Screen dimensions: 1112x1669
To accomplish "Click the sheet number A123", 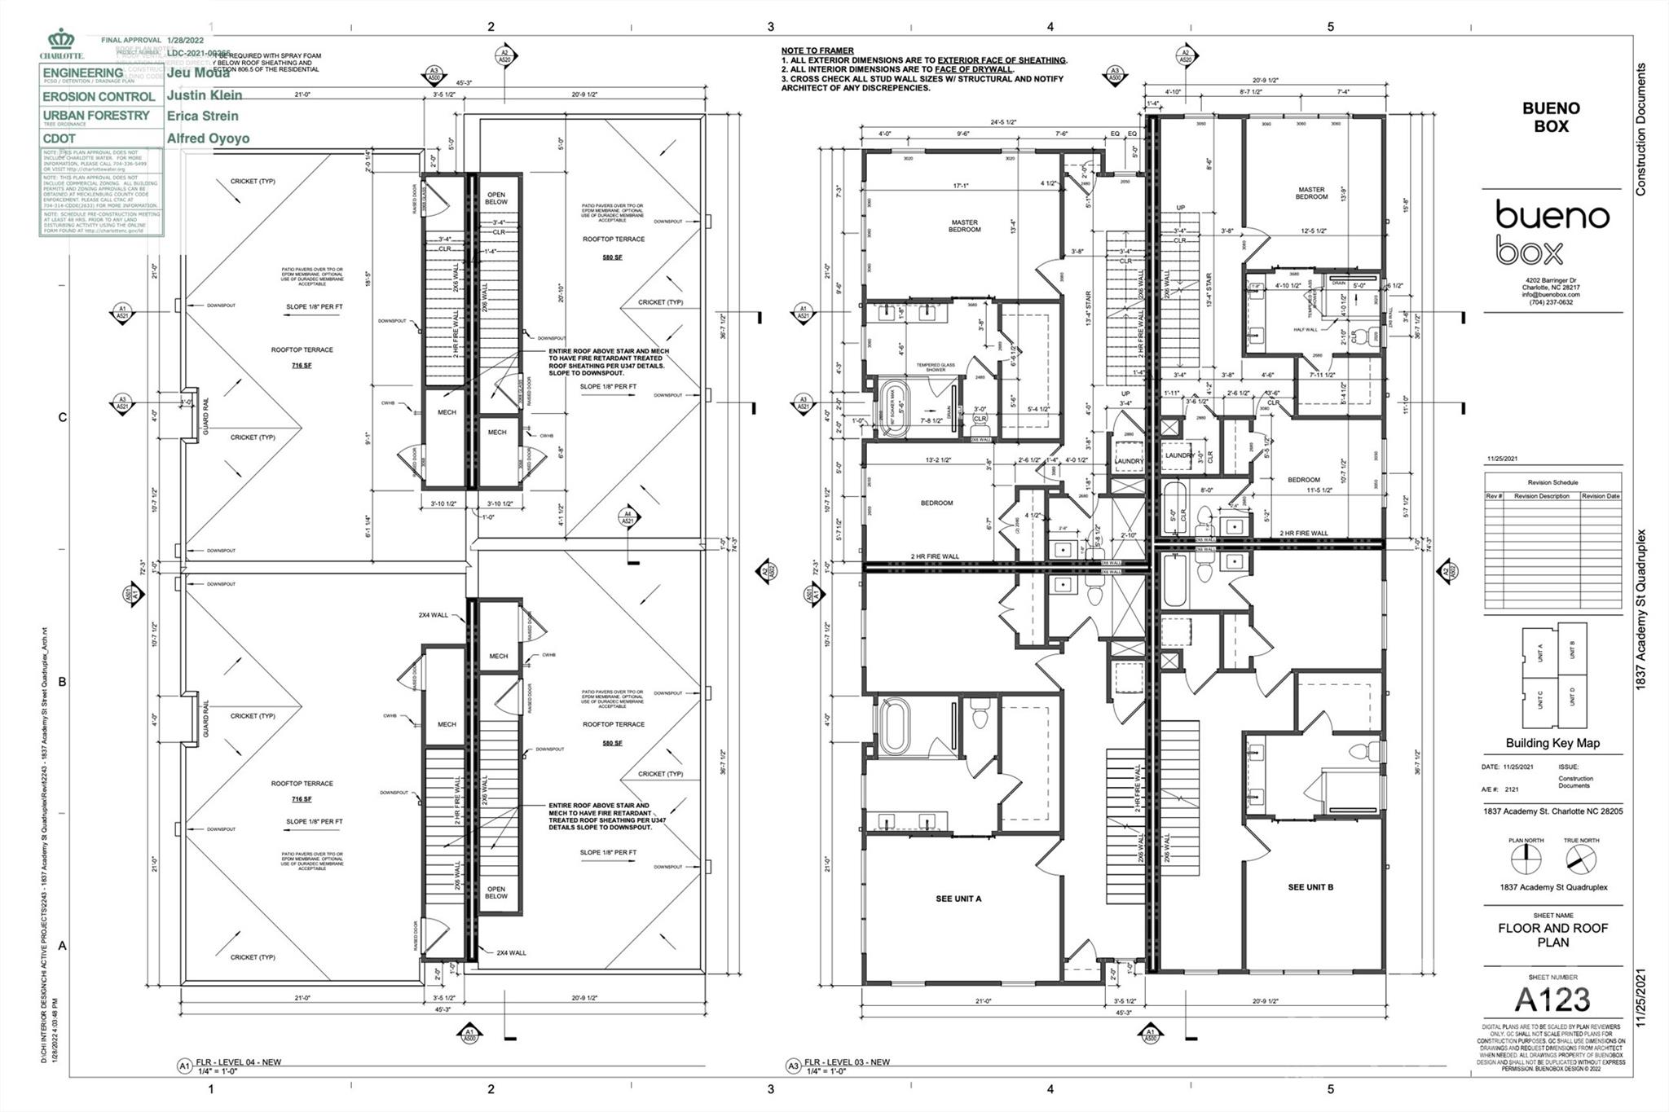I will pyautogui.click(x=1552, y=1000).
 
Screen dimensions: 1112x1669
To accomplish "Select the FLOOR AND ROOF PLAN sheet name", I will pyautogui.click(x=1552, y=935).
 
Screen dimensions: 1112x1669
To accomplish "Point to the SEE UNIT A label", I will pyautogui.click(x=958, y=899).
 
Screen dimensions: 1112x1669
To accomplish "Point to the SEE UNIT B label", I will pyautogui.click(x=1310, y=887).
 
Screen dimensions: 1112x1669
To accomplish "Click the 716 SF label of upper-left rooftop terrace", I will pyautogui.click(x=301, y=366).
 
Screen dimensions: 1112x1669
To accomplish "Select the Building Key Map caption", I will pyautogui.click(x=1552, y=743).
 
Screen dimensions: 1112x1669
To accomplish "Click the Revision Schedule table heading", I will pyautogui.click(x=1552, y=482).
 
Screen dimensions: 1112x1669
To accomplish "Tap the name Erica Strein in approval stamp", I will pyautogui.click(x=202, y=116).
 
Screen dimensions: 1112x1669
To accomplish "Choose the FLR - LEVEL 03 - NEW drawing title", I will pyautogui.click(x=847, y=1062).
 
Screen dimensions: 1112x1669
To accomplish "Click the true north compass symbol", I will pyautogui.click(x=1580, y=859).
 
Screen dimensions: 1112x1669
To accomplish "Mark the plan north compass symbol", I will pyautogui.click(x=1526, y=859).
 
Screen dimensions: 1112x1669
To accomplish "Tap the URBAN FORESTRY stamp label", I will pyautogui.click(x=96, y=116).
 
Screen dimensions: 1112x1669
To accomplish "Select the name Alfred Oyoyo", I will pyautogui.click(x=208, y=138).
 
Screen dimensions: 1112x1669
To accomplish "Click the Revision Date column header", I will pyautogui.click(x=1600, y=496).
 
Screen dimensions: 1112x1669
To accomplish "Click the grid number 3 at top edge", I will pyautogui.click(x=770, y=27).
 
